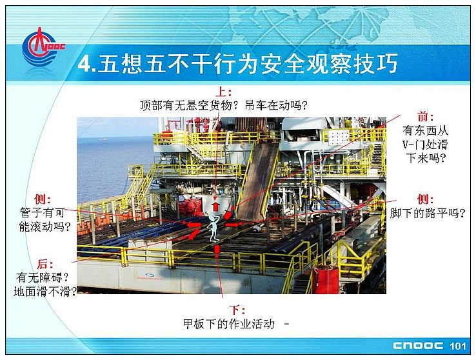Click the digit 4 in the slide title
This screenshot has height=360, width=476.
(x=84, y=64)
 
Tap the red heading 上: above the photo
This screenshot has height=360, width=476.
(x=224, y=92)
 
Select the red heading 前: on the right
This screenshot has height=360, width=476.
(x=426, y=117)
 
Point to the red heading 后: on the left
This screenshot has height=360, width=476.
(x=45, y=264)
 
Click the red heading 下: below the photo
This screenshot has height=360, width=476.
(x=237, y=310)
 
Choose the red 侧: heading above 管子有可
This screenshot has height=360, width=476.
(x=42, y=199)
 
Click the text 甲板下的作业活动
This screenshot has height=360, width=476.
(x=228, y=324)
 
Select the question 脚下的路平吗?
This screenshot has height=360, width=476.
(x=428, y=213)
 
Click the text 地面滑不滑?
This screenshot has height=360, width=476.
(x=45, y=292)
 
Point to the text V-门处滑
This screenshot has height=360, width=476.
(x=425, y=144)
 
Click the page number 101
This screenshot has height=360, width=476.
(x=458, y=346)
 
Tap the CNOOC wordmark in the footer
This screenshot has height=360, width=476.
(x=418, y=346)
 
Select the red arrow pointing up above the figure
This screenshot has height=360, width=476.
(x=215, y=206)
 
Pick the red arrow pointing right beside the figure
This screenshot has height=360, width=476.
(x=232, y=225)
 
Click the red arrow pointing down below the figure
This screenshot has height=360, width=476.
(x=217, y=250)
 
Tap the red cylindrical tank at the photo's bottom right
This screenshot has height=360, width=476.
(x=326, y=279)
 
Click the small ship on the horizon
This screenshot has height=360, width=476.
(x=104, y=139)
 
